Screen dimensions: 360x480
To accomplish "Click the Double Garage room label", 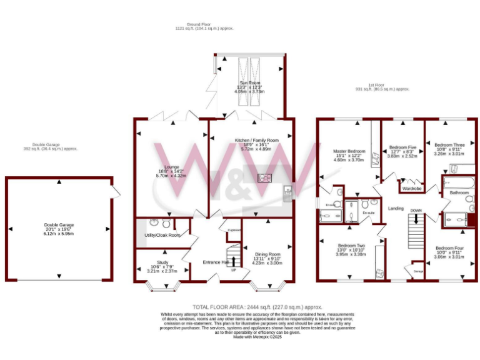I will [59, 225].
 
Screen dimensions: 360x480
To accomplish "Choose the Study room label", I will [154, 262].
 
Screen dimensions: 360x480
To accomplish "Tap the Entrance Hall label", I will [216, 262].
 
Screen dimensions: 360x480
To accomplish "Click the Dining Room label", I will [267, 254].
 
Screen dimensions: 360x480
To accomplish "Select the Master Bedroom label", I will [349, 151].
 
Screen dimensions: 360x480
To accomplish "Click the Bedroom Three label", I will [449, 144].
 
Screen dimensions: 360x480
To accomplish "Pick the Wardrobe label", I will [411, 188].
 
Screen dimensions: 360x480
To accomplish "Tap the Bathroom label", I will [459, 192].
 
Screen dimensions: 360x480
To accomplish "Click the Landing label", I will [396, 208].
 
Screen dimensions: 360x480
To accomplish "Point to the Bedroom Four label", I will [449, 247].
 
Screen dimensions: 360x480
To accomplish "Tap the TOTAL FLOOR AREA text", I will [257, 307].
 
